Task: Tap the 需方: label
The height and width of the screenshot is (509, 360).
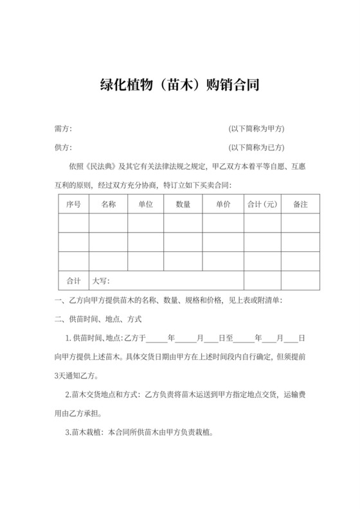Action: tap(64, 129)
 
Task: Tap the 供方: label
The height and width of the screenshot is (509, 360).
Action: tap(64, 147)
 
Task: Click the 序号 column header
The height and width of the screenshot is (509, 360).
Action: tap(74, 204)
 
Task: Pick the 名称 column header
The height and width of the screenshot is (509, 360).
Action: tap(108, 204)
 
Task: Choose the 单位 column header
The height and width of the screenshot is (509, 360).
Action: tap(145, 204)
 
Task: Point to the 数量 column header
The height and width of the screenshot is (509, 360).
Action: tap(183, 204)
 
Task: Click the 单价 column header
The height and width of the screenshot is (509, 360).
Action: tap(223, 204)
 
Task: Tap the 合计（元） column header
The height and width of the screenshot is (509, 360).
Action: tap(262, 204)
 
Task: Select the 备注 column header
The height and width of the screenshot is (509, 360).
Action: tap(300, 204)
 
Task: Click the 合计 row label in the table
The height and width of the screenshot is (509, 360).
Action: tap(74, 281)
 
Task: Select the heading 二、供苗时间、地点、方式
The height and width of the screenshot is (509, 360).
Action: tap(98, 319)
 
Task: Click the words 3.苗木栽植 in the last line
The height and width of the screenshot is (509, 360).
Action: tap(85, 433)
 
